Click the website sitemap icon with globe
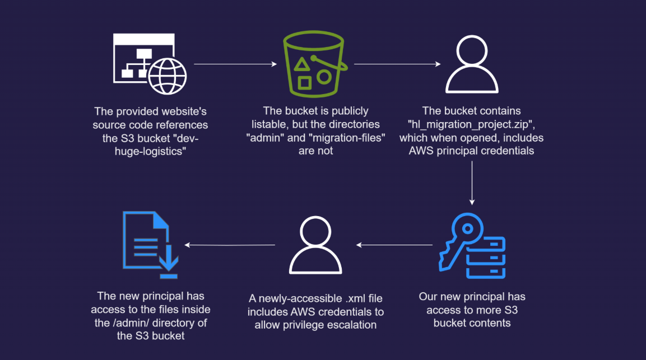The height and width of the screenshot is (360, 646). pyautogui.click(x=150, y=64)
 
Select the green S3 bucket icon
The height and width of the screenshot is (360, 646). pyautogui.click(x=315, y=64)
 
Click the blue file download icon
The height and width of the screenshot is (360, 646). pyautogui.click(x=150, y=245)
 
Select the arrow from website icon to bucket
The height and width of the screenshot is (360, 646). pyautogui.click(x=235, y=64)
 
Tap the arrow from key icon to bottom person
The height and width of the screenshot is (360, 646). pyautogui.click(x=395, y=245)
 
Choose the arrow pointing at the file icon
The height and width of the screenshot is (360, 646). pyautogui.click(x=230, y=245)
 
